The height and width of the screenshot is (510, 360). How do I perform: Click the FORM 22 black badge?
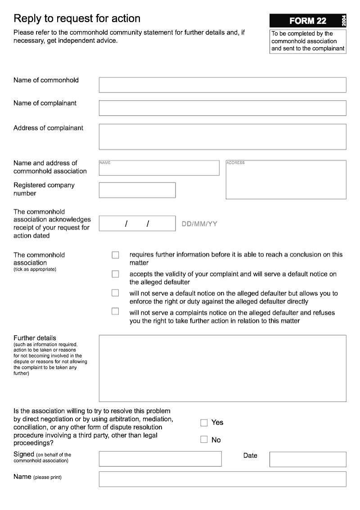pyautogui.click(x=308, y=21)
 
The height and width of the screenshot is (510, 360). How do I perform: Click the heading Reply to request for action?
pyautogui.click(x=77, y=18)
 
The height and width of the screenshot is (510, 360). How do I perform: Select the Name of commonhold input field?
pyautogui.click(x=222, y=85)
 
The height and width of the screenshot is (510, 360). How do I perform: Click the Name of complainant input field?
pyautogui.click(x=222, y=108)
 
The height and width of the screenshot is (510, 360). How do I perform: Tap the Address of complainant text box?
pyautogui.click(x=222, y=136)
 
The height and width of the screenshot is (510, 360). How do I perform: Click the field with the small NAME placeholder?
pyautogui.click(x=159, y=168)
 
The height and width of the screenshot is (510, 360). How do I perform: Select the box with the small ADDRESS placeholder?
pyautogui.click(x=286, y=180)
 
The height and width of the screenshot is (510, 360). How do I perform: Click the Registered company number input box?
pyautogui.click(x=137, y=190)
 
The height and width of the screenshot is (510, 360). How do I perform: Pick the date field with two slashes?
pyautogui.click(x=137, y=223)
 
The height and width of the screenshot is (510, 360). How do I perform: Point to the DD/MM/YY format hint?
pyautogui.click(x=199, y=224)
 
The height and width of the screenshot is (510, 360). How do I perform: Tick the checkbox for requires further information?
pyautogui.click(x=115, y=255)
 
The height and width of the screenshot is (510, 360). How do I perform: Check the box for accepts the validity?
pyautogui.click(x=115, y=274)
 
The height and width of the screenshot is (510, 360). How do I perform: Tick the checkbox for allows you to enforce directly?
pyautogui.click(x=115, y=293)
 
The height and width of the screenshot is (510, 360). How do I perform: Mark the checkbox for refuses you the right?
pyautogui.click(x=115, y=311)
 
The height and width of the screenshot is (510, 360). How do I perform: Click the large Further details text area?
pyautogui.click(x=222, y=368)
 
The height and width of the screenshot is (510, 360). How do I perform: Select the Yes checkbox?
pyautogui.click(x=204, y=423)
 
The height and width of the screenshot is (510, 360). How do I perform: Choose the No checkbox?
pyautogui.click(x=204, y=440)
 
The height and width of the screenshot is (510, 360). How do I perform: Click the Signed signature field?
pyautogui.click(x=160, y=459)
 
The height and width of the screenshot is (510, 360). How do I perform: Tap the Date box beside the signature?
pyautogui.click(x=308, y=459)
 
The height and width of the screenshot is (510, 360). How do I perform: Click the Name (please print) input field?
pyautogui.click(x=222, y=479)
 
